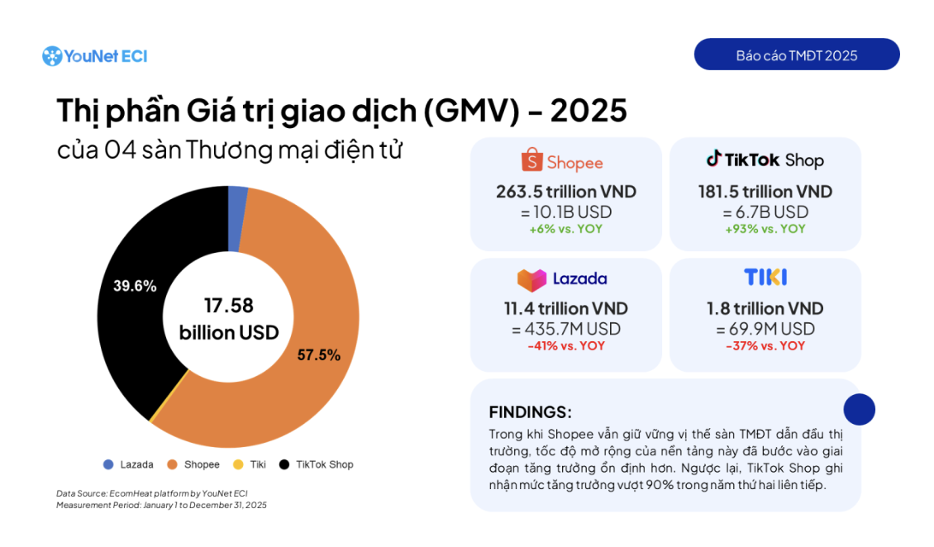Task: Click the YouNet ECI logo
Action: coord(94,56)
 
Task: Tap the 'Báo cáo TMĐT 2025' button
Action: coord(796,55)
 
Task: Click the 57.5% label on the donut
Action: coord(318,355)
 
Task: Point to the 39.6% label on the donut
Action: coord(135,286)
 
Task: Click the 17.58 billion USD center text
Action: coord(228,319)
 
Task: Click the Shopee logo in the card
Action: coord(562,162)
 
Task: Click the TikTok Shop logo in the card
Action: coord(765,160)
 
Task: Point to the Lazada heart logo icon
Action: coord(531,279)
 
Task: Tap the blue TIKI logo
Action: coord(765,277)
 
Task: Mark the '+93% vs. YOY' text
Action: coord(765,229)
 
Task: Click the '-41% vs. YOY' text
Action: coord(565,345)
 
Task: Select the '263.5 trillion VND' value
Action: coord(565,192)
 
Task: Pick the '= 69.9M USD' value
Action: coord(765,329)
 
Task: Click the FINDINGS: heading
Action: coord(530,412)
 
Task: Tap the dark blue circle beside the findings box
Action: coord(859,409)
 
